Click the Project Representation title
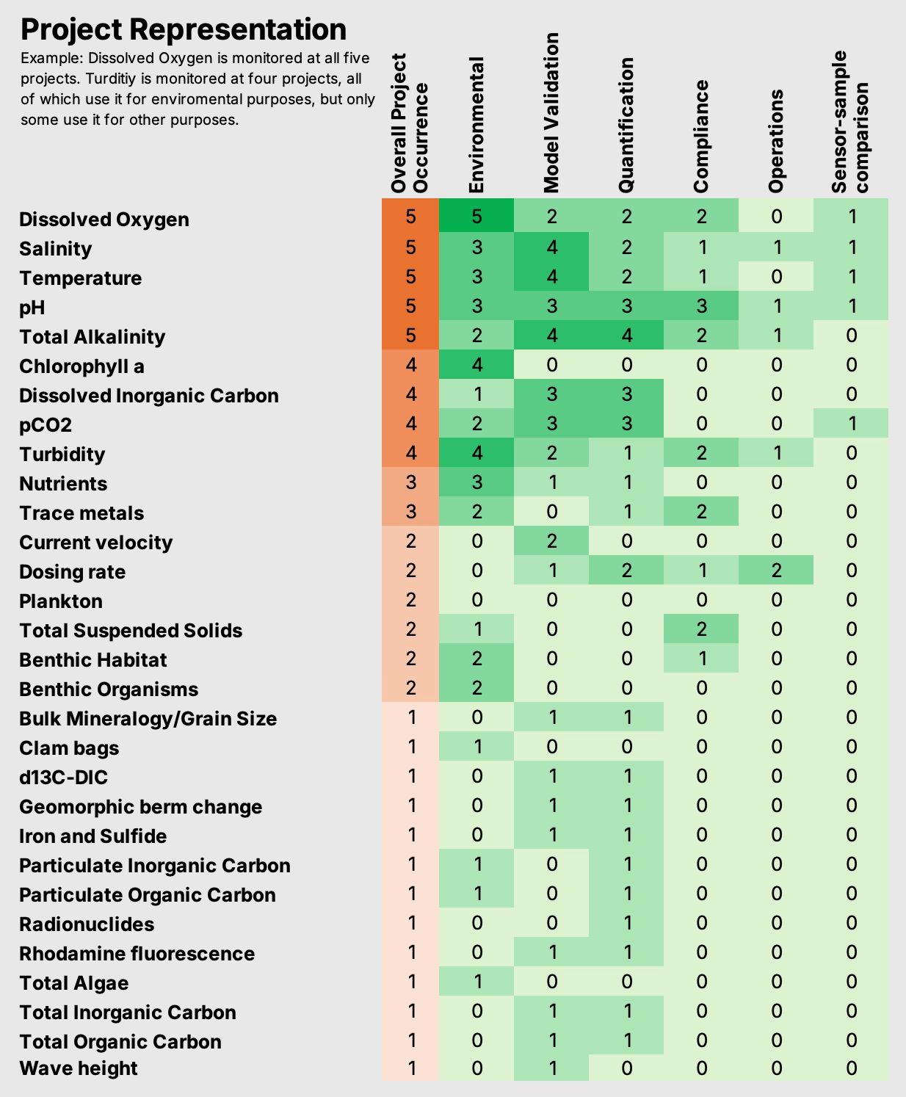point(184,29)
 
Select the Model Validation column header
point(551,112)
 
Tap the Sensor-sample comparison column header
point(850,122)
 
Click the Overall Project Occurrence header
point(410,123)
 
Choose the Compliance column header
point(701,136)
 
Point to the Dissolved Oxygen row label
point(104,219)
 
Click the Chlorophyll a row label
point(81,366)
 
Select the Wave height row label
point(79,1068)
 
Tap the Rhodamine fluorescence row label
point(137,953)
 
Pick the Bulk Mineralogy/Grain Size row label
point(148,718)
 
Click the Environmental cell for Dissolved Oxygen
point(476,215)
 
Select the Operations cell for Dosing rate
point(776,570)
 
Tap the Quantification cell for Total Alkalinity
point(626,335)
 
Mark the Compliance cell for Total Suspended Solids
point(701,629)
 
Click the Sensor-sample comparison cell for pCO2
point(852,423)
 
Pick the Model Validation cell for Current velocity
point(551,540)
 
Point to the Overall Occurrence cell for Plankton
point(410,599)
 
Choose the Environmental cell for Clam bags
point(476,746)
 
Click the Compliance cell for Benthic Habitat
point(701,659)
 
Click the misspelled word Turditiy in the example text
point(110,79)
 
